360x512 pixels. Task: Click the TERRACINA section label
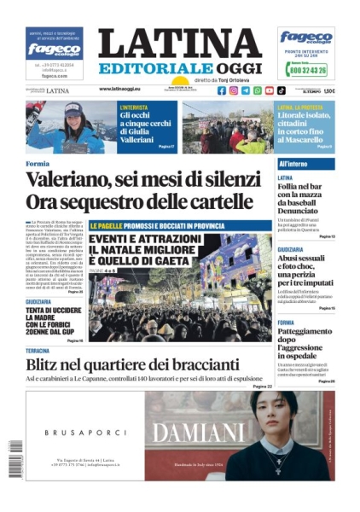point(38,351)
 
